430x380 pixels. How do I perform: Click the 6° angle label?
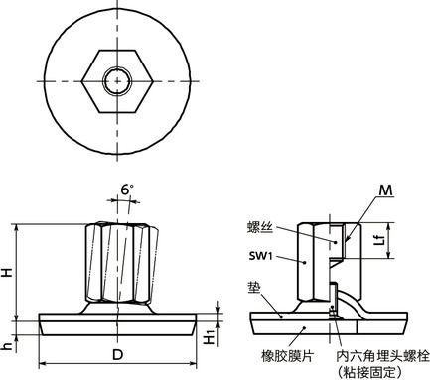coord(124,188)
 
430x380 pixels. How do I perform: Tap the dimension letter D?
coord(117,353)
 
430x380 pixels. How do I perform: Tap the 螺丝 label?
coord(259,227)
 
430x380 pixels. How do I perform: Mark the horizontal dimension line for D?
coord(79,364)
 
